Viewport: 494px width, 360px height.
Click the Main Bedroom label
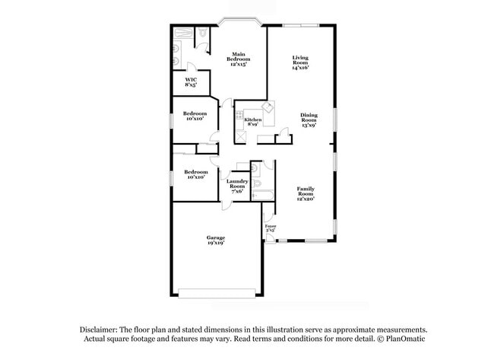[x=237, y=56]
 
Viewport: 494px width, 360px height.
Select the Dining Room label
[x=308, y=119]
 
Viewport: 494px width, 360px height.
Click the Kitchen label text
[x=253, y=119]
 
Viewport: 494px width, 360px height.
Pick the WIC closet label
[x=191, y=79]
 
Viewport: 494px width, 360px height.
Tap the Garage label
[x=216, y=237]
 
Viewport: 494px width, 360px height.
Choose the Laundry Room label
[x=236, y=183]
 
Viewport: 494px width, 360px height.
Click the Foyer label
[x=270, y=226]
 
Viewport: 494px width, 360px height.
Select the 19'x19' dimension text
[x=216, y=244]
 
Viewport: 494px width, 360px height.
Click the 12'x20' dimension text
[x=305, y=198]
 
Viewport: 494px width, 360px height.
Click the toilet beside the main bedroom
[x=203, y=33]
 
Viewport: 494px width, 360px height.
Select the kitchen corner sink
[x=266, y=107]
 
